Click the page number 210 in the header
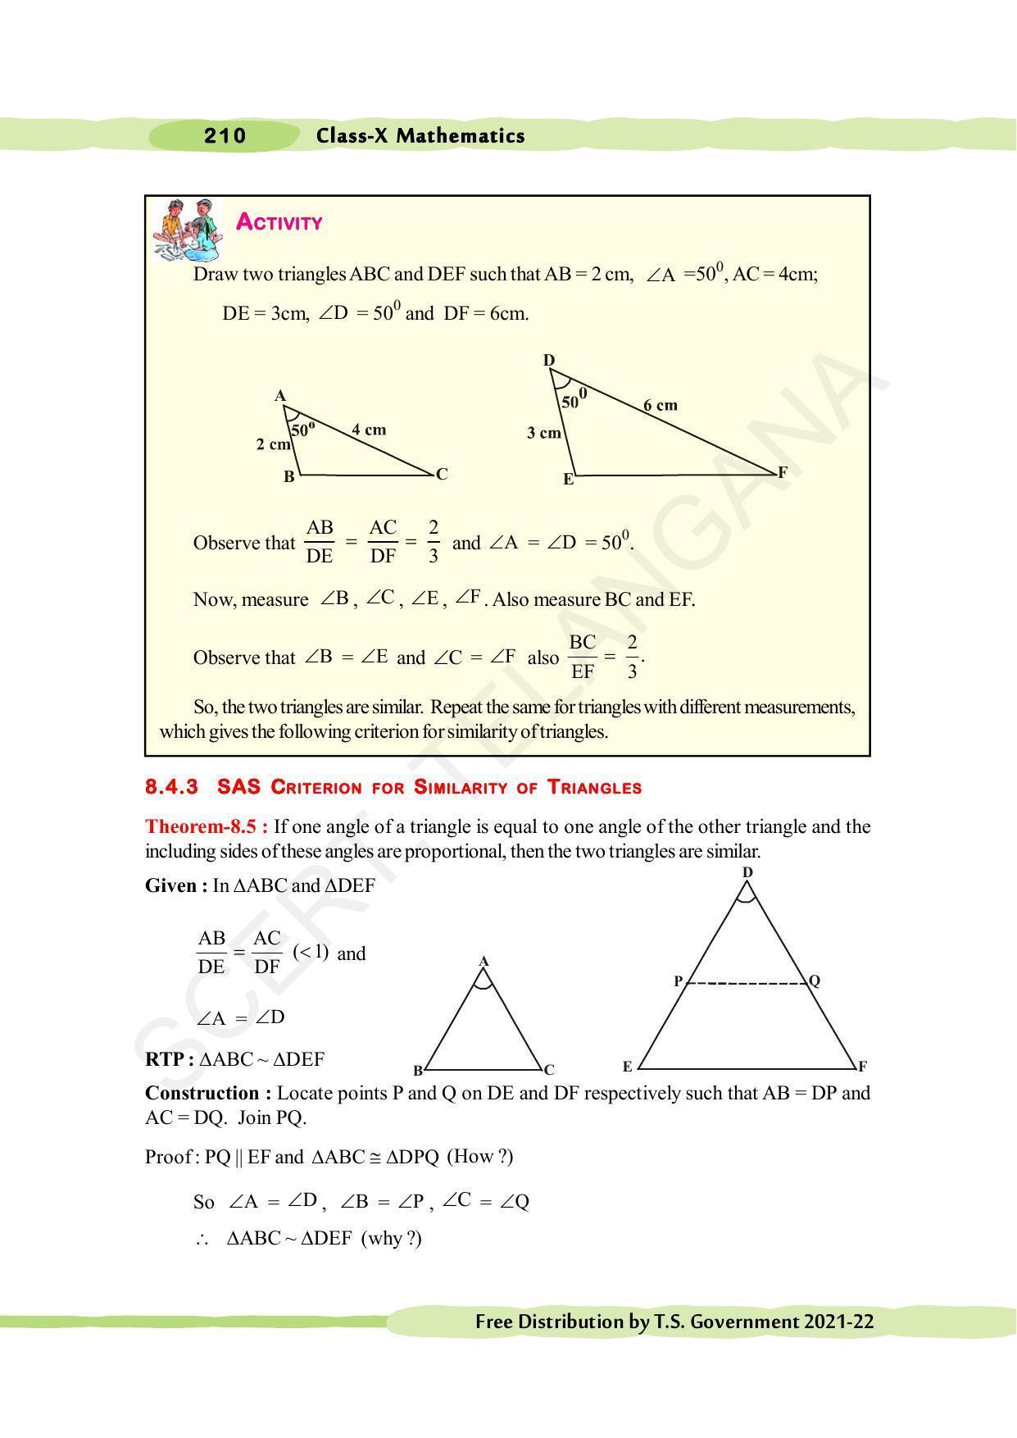point(225,136)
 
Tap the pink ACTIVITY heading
point(279,222)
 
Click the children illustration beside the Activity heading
point(188,230)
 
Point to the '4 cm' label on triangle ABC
point(369,430)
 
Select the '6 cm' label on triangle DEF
point(660,405)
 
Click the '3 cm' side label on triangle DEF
point(543,433)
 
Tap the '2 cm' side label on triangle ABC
point(273,444)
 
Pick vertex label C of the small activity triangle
point(442,474)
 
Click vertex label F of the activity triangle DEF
point(782,472)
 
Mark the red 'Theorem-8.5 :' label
point(207,826)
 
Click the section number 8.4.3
point(171,787)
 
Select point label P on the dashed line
point(679,981)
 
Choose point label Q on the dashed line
point(814,981)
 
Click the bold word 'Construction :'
point(208,1093)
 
